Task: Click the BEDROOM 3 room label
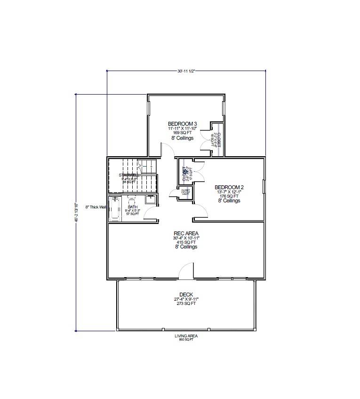click(x=182, y=124)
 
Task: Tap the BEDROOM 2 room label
click(x=229, y=186)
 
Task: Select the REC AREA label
click(x=186, y=233)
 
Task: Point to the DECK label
click(x=186, y=295)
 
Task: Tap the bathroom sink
click(x=151, y=200)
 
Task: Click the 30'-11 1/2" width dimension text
click(x=186, y=71)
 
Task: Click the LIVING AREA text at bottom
click(x=186, y=335)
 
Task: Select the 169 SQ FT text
click(x=182, y=133)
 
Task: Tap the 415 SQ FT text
click(x=186, y=242)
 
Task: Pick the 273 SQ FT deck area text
click(x=186, y=304)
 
